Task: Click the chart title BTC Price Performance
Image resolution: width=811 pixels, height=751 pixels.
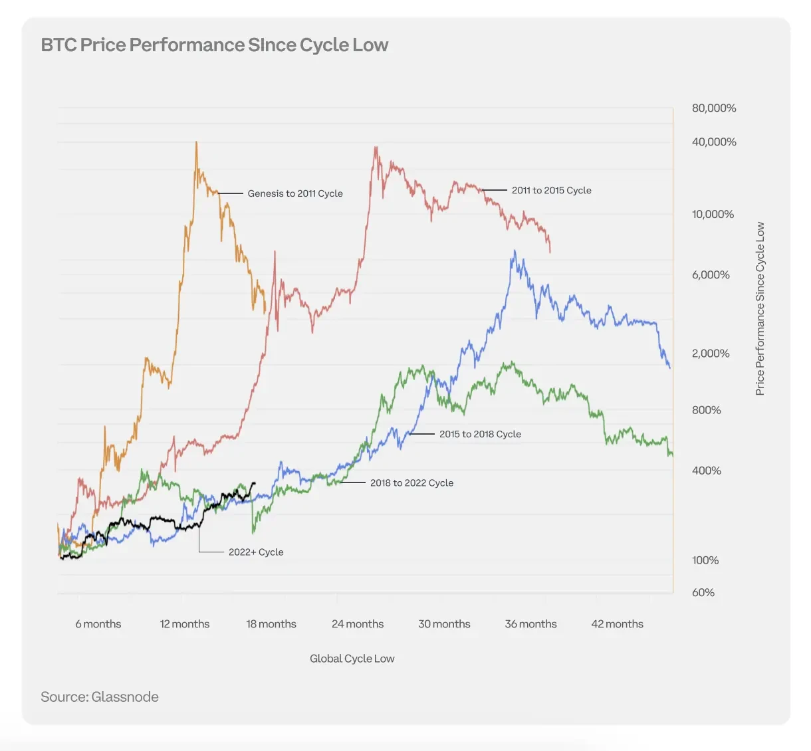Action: click(x=214, y=45)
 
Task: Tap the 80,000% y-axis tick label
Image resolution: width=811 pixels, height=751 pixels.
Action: click(x=713, y=108)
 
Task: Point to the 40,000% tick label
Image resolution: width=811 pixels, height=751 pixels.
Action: click(x=713, y=142)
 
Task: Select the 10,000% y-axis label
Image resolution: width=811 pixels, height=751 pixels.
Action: click(x=713, y=215)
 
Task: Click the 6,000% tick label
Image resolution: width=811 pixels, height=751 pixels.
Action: click(x=710, y=275)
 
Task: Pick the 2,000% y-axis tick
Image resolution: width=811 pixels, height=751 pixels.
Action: click(x=710, y=354)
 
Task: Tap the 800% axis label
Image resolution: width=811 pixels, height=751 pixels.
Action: click(x=706, y=411)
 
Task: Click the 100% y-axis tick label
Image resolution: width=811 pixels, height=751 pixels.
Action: click(x=705, y=561)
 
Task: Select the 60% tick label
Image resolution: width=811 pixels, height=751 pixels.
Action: click(x=703, y=593)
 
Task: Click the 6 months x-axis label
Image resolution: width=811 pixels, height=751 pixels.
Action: click(x=98, y=624)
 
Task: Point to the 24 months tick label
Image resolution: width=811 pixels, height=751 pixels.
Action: click(x=358, y=624)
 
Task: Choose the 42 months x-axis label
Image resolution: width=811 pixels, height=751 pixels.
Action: click(x=617, y=624)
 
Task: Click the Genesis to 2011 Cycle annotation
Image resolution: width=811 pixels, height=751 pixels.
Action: click(x=295, y=193)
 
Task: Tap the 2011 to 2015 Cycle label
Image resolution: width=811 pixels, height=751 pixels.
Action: click(x=551, y=190)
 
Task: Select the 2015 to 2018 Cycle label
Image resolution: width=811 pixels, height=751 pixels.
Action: click(x=480, y=434)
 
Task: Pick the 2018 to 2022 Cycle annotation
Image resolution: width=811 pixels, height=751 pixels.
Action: click(x=411, y=483)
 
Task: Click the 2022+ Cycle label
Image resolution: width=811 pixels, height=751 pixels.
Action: click(x=256, y=552)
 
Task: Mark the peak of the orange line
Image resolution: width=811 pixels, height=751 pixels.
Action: click(x=196, y=142)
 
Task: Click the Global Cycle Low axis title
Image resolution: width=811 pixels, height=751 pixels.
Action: click(x=352, y=659)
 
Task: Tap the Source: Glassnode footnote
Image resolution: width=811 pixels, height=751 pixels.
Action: click(x=100, y=697)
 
